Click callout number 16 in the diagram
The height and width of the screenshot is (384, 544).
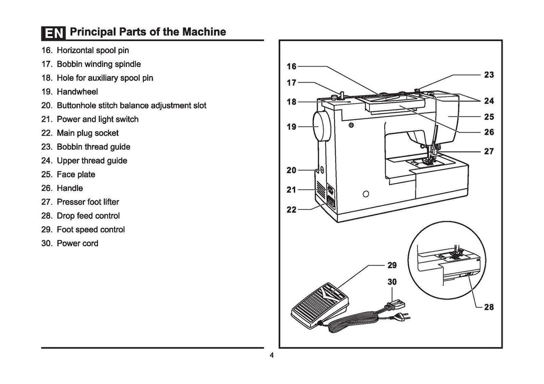292,66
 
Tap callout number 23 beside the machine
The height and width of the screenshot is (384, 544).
489,75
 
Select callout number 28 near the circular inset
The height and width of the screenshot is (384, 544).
489,307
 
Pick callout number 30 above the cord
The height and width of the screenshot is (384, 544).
392,282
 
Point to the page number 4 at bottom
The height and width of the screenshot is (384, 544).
271,356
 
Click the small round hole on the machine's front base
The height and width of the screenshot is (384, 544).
365,193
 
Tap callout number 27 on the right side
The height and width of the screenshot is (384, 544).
489,152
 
